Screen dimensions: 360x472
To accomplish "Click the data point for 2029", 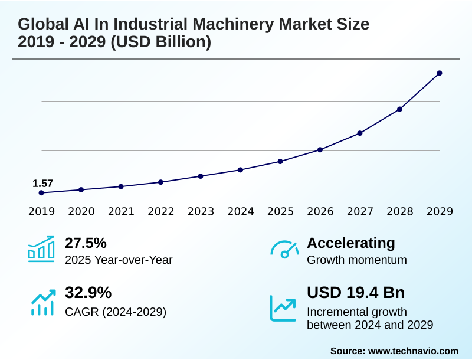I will (x=440, y=73).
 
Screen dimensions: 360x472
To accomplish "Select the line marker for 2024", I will (x=240, y=170).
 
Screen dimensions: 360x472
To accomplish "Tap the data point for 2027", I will (x=360, y=133).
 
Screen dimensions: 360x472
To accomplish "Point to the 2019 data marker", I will (x=41, y=193).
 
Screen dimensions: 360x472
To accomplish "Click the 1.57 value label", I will (x=42, y=184).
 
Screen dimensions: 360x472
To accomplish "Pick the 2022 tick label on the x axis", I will (x=160, y=212).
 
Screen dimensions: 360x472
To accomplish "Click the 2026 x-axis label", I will (x=320, y=212).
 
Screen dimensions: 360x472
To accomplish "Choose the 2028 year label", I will (x=399, y=212).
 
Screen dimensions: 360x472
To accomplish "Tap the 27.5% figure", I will (x=86, y=243).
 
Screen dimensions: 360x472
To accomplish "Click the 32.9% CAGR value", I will (x=88, y=293).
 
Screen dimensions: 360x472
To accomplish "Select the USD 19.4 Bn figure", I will (x=356, y=293).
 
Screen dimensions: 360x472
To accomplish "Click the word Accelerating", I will (x=351, y=243).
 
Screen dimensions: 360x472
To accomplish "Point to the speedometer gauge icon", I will (x=284, y=249).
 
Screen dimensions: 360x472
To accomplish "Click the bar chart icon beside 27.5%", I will (x=41, y=249).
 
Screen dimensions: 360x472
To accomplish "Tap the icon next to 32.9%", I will (x=42, y=302).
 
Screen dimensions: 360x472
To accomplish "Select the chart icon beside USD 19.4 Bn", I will (x=283, y=307).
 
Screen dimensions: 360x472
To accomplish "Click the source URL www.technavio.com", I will (x=413, y=351).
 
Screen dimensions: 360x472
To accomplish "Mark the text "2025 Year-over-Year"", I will (x=119, y=260).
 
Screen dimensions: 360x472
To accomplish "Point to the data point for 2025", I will (x=280, y=161).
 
